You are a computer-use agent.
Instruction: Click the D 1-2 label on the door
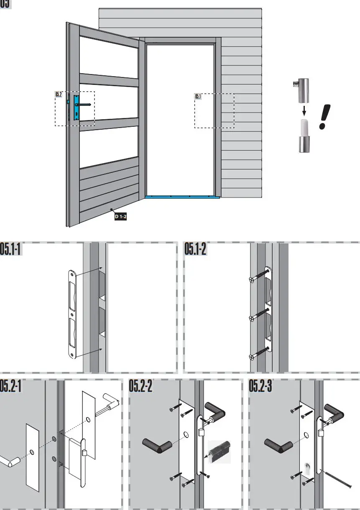point(121,217)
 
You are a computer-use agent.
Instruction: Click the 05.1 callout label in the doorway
point(198,97)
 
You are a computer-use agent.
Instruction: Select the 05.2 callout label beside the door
point(59,95)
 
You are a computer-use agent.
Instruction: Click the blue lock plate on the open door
point(77,107)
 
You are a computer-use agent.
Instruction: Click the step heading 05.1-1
point(11,250)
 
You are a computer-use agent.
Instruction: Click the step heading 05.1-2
point(195,250)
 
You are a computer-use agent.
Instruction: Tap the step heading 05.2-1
point(11,387)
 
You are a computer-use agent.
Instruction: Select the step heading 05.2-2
point(140,387)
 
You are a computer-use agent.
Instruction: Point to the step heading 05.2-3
point(260,387)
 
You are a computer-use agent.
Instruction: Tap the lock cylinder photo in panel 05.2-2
point(219,452)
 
